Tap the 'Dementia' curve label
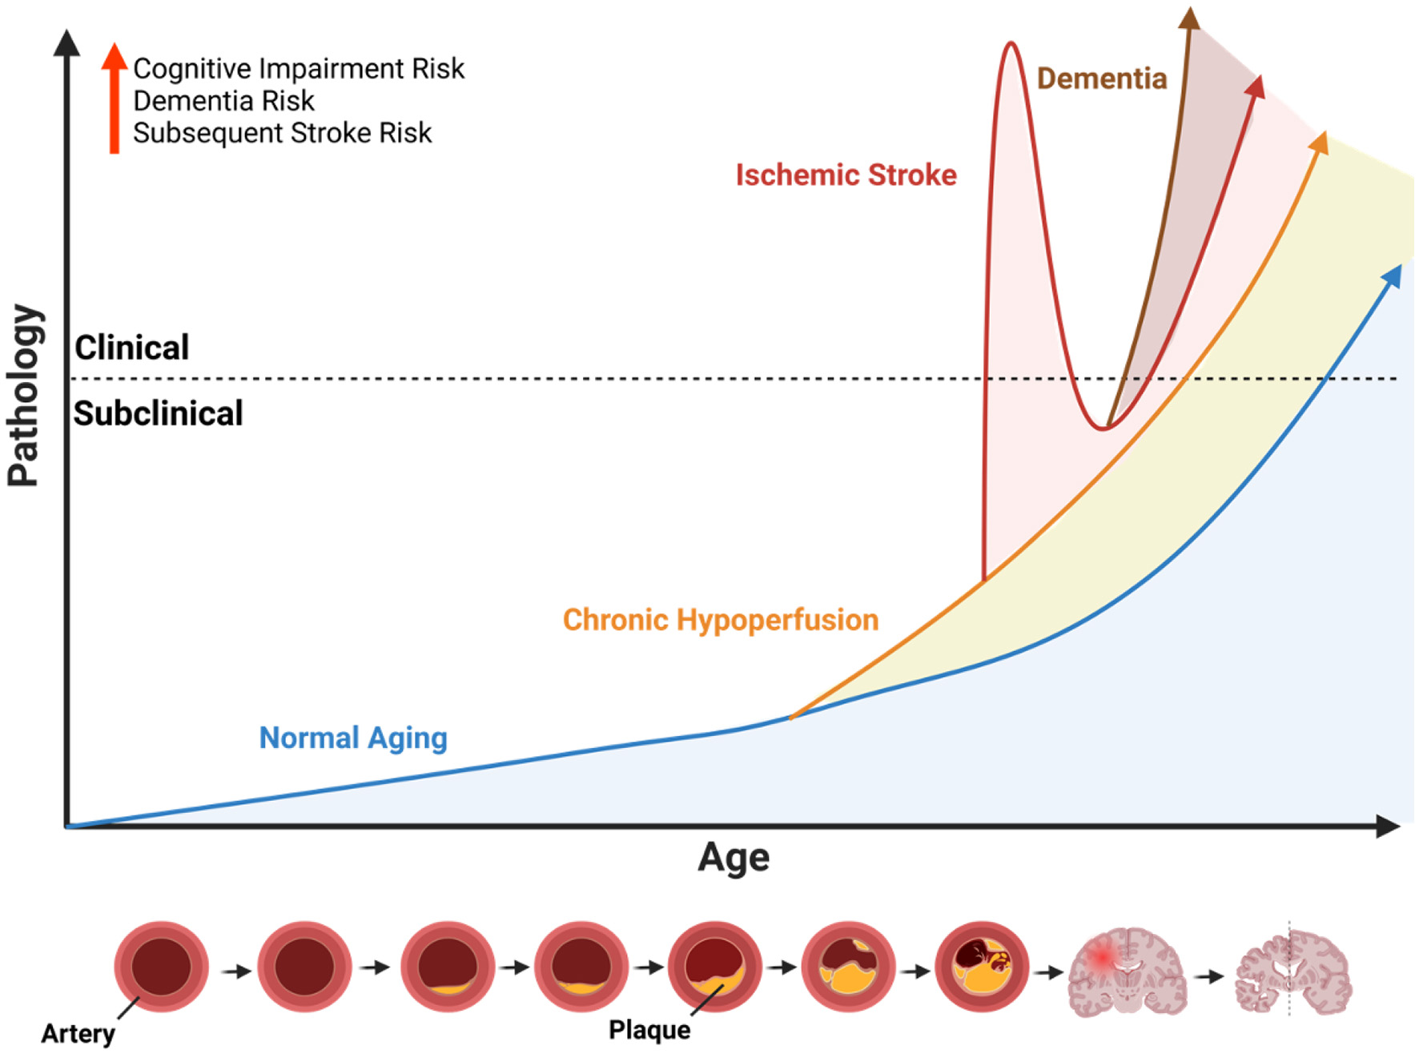coord(1101,78)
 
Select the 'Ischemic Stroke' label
coord(846,175)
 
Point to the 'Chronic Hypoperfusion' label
coord(720,620)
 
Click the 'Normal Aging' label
coord(352,738)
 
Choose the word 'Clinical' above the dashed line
coord(132,348)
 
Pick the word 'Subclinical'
coord(159,413)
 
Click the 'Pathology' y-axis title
coord(24,396)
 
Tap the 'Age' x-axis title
coord(733,857)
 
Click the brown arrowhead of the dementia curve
coord(1190,18)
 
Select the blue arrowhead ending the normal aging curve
coord(1393,276)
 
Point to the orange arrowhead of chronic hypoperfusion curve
coord(1320,142)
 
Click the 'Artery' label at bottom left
coord(78,1033)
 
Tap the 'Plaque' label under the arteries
coord(649,1030)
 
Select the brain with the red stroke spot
coord(1127,971)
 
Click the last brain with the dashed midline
coord(1292,971)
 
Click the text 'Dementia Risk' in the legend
coord(223,101)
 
